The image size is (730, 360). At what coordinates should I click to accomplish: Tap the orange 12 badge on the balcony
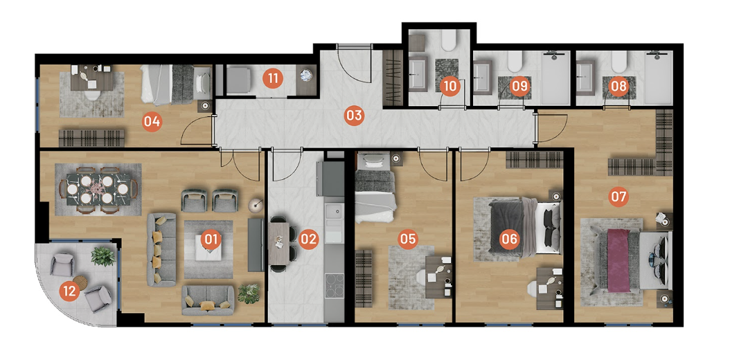[69, 291]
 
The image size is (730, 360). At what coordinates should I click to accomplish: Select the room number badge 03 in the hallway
[354, 115]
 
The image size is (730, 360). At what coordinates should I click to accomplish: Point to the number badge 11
[273, 79]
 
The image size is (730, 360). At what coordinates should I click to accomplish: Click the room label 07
[618, 197]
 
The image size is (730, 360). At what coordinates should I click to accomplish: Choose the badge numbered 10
[449, 86]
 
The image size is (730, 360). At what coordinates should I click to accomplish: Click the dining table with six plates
[97, 189]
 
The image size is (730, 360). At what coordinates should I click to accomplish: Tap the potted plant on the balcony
[103, 256]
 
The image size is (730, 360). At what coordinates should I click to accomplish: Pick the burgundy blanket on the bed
[618, 260]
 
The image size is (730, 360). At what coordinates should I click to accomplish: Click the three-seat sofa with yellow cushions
[161, 249]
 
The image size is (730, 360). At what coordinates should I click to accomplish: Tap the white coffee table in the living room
[208, 251]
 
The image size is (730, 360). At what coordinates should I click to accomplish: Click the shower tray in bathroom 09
[556, 78]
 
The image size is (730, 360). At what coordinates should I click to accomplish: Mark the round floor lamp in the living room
[255, 204]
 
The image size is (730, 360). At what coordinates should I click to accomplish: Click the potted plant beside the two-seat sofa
[249, 293]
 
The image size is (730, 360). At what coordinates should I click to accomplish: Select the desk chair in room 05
[421, 278]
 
